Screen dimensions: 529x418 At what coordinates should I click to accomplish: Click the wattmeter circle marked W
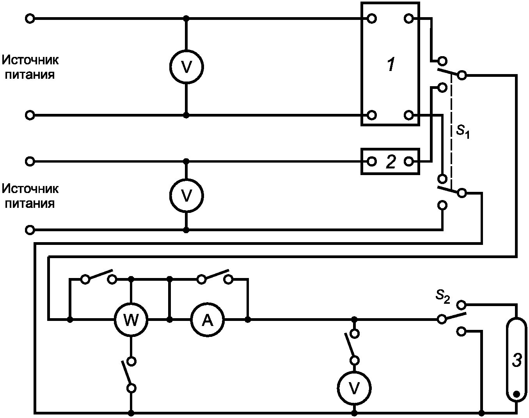pos(131,320)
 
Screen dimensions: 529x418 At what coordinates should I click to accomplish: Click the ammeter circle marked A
pos(208,320)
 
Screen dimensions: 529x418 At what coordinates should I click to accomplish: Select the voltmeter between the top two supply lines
pos(186,67)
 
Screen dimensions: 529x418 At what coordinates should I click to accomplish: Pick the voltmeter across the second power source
pos(186,196)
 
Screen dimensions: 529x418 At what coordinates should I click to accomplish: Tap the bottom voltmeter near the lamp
pos(354,388)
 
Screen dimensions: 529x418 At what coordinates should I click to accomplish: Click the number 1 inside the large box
pos(391,64)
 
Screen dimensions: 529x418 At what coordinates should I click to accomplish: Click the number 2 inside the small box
pos(391,162)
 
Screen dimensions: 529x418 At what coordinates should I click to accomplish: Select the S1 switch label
pos(463,132)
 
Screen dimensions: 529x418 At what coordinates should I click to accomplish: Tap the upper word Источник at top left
pos(30,60)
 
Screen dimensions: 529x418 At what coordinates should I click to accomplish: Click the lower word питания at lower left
pos(30,204)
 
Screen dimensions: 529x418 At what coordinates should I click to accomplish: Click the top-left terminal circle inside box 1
pos(372,19)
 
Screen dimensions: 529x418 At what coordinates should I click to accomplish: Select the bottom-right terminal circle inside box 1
pos(408,115)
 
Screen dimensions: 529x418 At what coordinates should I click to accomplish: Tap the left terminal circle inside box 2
pos(372,161)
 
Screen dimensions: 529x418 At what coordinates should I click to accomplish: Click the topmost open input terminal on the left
pos(30,19)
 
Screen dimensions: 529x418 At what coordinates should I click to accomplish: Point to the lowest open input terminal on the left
pos(30,230)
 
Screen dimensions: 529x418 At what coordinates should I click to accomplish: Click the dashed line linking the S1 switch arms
pos(451,131)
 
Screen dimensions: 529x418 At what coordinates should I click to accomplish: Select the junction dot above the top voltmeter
pos(186,18)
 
